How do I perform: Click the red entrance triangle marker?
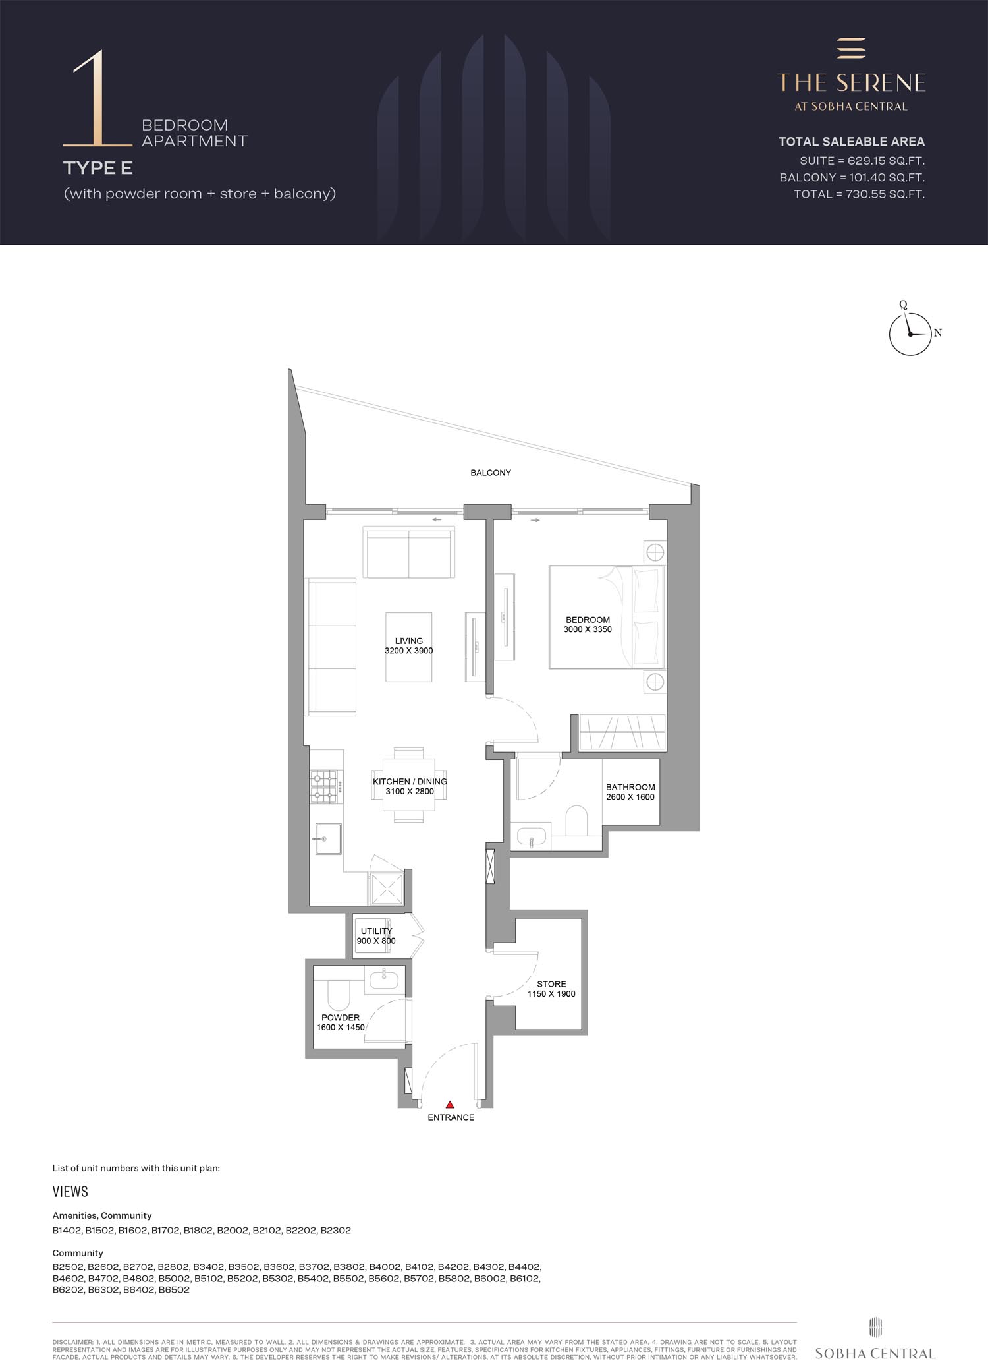pyautogui.click(x=450, y=1104)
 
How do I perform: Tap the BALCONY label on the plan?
pyautogui.click(x=491, y=473)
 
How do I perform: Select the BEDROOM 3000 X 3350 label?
pyautogui.click(x=588, y=624)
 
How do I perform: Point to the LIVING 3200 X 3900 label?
pyautogui.click(x=409, y=645)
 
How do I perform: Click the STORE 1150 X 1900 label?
pyautogui.click(x=551, y=989)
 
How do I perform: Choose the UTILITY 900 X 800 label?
pyautogui.click(x=376, y=936)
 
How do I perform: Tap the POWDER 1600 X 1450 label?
pyautogui.click(x=341, y=1022)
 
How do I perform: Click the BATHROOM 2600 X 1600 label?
pyautogui.click(x=630, y=792)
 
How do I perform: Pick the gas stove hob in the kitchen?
pyautogui.click(x=326, y=787)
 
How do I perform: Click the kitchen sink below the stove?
pyautogui.click(x=328, y=838)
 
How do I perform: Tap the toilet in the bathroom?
pyautogui.click(x=576, y=820)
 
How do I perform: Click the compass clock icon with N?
pyautogui.click(x=911, y=334)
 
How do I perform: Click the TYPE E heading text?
pyautogui.click(x=98, y=168)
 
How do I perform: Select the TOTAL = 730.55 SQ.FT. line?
pyautogui.click(x=859, y=194)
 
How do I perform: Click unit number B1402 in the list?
pyautogui.click(x=67, y=1230)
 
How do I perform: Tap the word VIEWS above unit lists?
pyautogui.click(x=70, y=1192)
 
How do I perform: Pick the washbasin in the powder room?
pyautogui.click(x=383, y=980)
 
